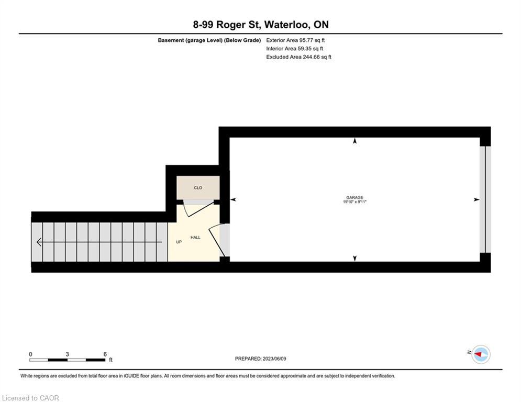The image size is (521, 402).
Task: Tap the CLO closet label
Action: tap(198, 188)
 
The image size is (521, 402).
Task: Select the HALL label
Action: tap(195, 238)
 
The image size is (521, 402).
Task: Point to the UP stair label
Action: tap(179, 242)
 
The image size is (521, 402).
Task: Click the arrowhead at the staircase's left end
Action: tap(39, 242)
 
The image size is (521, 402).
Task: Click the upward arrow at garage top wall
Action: tap(355, 141)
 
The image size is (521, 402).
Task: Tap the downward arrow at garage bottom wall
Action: tap(355, 258)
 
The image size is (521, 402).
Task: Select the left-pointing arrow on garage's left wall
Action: tap(233, 199)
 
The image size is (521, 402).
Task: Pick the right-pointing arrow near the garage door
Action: tap(476, 199)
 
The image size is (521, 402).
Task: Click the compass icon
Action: tap(480, 354)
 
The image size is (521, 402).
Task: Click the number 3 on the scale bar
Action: tap(67, 354)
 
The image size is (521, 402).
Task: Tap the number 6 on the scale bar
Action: tap(105, 354)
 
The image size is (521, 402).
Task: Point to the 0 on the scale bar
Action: tap(30, 354)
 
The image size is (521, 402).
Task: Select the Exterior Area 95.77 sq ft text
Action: tap(298, 40)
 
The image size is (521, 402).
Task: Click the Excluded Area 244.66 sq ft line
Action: tap(298, 57)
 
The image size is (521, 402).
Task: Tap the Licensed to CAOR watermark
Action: tap(31, 398)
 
